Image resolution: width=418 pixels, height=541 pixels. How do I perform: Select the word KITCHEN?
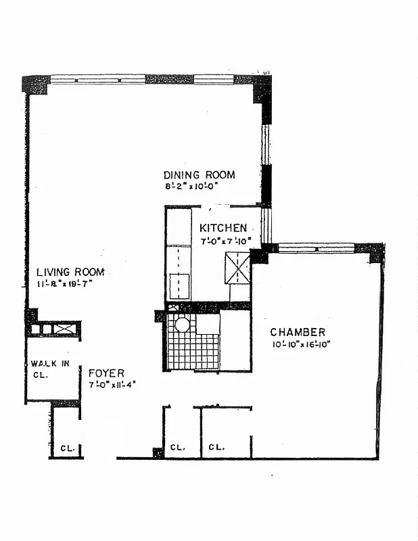[223, 229]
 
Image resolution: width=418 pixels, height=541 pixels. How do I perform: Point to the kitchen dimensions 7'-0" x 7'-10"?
[226, 241]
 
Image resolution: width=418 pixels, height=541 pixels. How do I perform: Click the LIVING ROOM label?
[70, 272]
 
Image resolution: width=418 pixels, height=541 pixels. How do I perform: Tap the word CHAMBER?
[298, 332]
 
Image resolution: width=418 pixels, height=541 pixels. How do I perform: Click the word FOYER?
[106, 373]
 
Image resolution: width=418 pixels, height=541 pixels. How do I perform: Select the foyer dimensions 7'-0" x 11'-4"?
[112, 384]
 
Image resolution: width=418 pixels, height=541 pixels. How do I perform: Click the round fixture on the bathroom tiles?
[182, 325]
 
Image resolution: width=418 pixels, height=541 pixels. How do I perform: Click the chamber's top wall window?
[317, 248]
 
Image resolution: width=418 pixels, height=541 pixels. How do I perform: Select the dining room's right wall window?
[266, 144]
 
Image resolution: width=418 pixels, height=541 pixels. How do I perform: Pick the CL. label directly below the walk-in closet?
[67, 448]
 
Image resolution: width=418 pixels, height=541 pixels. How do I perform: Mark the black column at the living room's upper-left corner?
[35, 84]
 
